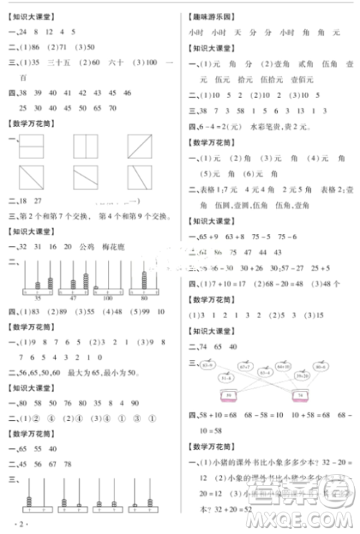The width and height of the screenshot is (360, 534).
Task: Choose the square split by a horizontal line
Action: click(x=32, y=147)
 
